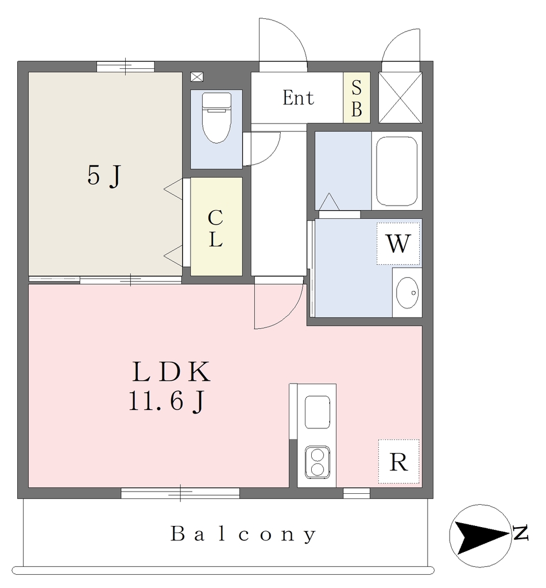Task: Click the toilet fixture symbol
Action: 216,118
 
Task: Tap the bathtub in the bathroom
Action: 397,171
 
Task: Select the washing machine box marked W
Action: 398,243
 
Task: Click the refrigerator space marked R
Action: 398,462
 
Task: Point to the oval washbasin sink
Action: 408,293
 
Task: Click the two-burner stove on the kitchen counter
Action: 317,462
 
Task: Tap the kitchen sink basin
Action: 317,412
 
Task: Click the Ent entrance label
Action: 298,98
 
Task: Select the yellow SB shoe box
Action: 357,98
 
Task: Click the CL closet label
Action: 216,229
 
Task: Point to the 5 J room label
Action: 104,176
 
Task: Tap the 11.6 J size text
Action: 166,401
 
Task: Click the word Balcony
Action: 243,535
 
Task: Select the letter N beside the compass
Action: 521,533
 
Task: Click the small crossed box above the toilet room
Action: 197,77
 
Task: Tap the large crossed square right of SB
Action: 400,98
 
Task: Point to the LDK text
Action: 171,372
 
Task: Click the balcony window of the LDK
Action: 180,493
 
